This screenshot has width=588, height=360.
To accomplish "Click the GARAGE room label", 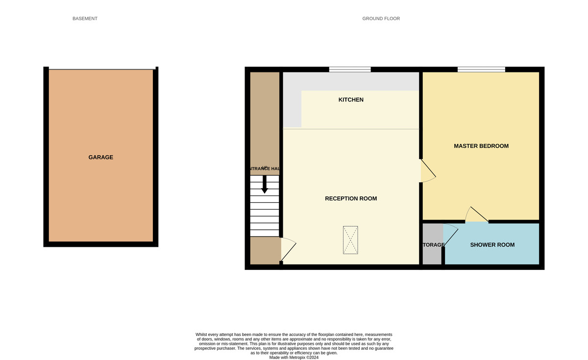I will click(x=100, y=157).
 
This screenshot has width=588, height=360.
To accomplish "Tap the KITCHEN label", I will click(x=351, y=100).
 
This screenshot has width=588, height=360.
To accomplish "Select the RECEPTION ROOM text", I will click(x=351, y=198).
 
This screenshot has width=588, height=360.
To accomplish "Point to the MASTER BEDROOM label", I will click(x=481, y=146).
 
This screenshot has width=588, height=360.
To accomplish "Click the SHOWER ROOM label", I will click(x=492, y=245).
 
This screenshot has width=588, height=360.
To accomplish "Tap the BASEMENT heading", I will click(x=85, y=19).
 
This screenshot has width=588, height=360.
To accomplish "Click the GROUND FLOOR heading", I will click(x=381, y=19).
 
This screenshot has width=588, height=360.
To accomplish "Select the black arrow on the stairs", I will click(x=265, y=185).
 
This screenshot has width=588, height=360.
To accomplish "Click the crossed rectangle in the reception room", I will click(x=350, y=240).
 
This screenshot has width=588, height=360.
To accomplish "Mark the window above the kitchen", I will click(x=349, y=69).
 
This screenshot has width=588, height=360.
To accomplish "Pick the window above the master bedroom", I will click(x=481, y=69).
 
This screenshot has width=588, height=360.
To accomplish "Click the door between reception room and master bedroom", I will click(x=427, y=171).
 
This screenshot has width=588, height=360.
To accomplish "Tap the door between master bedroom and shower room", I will click(x=476, y=216).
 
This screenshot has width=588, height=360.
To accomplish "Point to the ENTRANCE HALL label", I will click(x=265, y=169).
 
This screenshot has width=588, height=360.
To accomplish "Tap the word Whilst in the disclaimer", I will click(x=203, y=335).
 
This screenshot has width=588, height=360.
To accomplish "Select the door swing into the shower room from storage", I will click(x=450, y=235).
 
